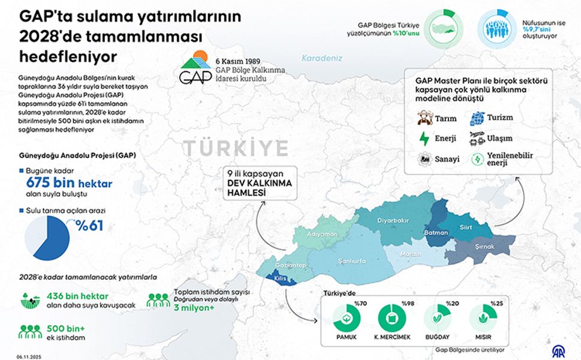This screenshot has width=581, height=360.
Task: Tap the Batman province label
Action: [x=436, y=233]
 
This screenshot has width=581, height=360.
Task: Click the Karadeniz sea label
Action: [x=321, y=58]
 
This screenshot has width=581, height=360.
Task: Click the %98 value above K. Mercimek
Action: [x=408, y=303]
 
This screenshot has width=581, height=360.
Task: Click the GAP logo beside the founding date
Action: [x=195, y=68]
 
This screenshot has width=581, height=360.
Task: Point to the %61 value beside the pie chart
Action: [x=89, y=226]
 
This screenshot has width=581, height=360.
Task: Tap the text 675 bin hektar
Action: [x=68, y=183]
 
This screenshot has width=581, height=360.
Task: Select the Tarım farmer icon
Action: [x=425, y=118]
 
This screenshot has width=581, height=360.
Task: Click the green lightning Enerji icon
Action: [x=425, y=139]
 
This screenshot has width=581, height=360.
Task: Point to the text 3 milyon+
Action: [x=194, y=308]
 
